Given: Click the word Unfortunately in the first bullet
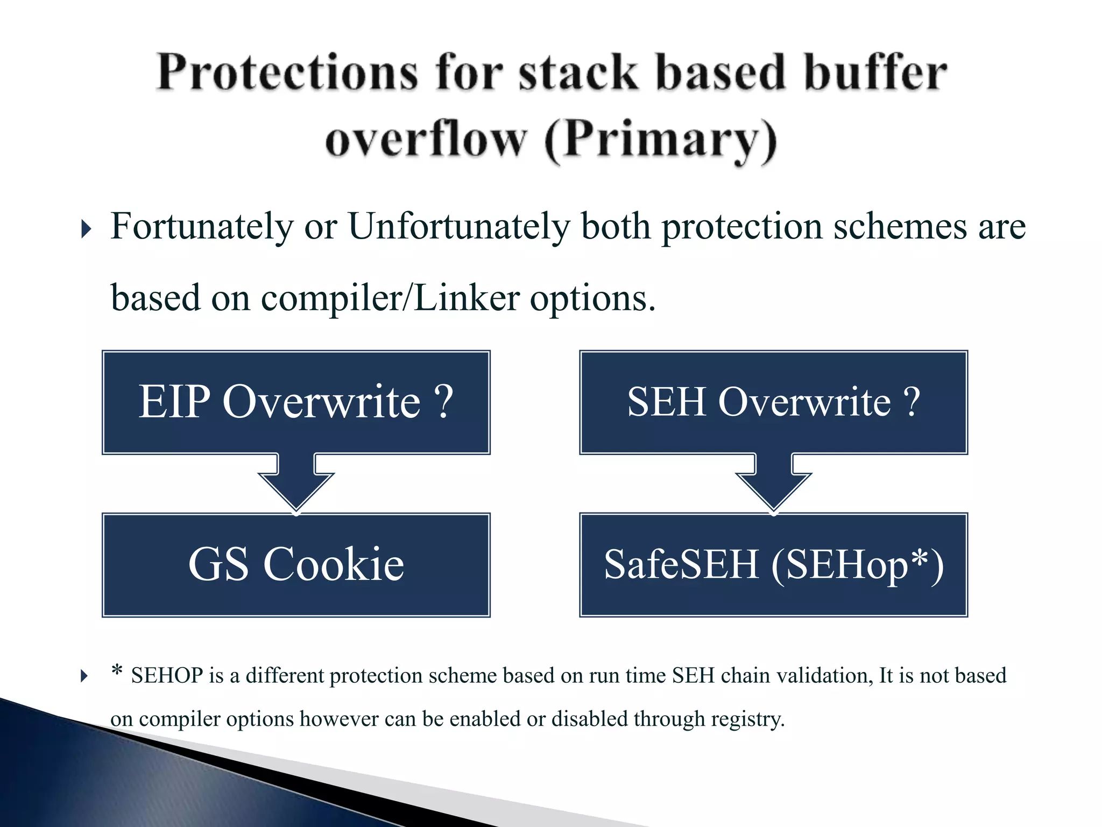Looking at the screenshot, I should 459,226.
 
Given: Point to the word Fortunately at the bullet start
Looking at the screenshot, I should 202,226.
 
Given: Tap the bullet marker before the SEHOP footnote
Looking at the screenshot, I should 84,676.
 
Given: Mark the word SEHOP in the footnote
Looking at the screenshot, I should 167,676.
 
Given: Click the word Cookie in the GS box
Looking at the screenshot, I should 334,564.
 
